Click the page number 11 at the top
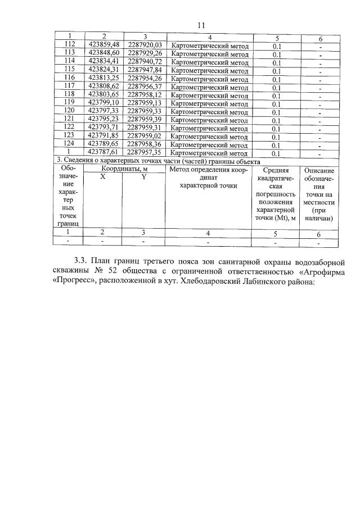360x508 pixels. [202, 25]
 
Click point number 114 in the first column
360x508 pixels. [70, 61]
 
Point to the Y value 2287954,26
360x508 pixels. [145, 78]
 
